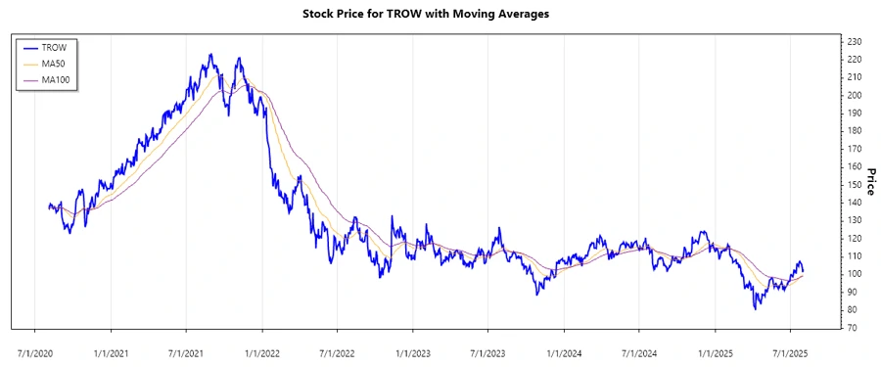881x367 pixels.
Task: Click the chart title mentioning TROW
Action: tap(440, 15)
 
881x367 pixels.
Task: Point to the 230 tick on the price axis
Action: tap(855, 41)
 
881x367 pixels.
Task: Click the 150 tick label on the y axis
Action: tap(855, 184)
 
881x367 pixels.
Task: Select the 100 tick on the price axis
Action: tap(855, 274)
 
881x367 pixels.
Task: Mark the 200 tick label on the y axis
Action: tap(855, 95)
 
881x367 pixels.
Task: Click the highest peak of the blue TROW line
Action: tap(210, 54)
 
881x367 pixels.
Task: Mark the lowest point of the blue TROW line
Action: tap(755, 308)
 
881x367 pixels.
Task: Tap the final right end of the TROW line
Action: tap(804, 272)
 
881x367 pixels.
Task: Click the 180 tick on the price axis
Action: tap(855, 130)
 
